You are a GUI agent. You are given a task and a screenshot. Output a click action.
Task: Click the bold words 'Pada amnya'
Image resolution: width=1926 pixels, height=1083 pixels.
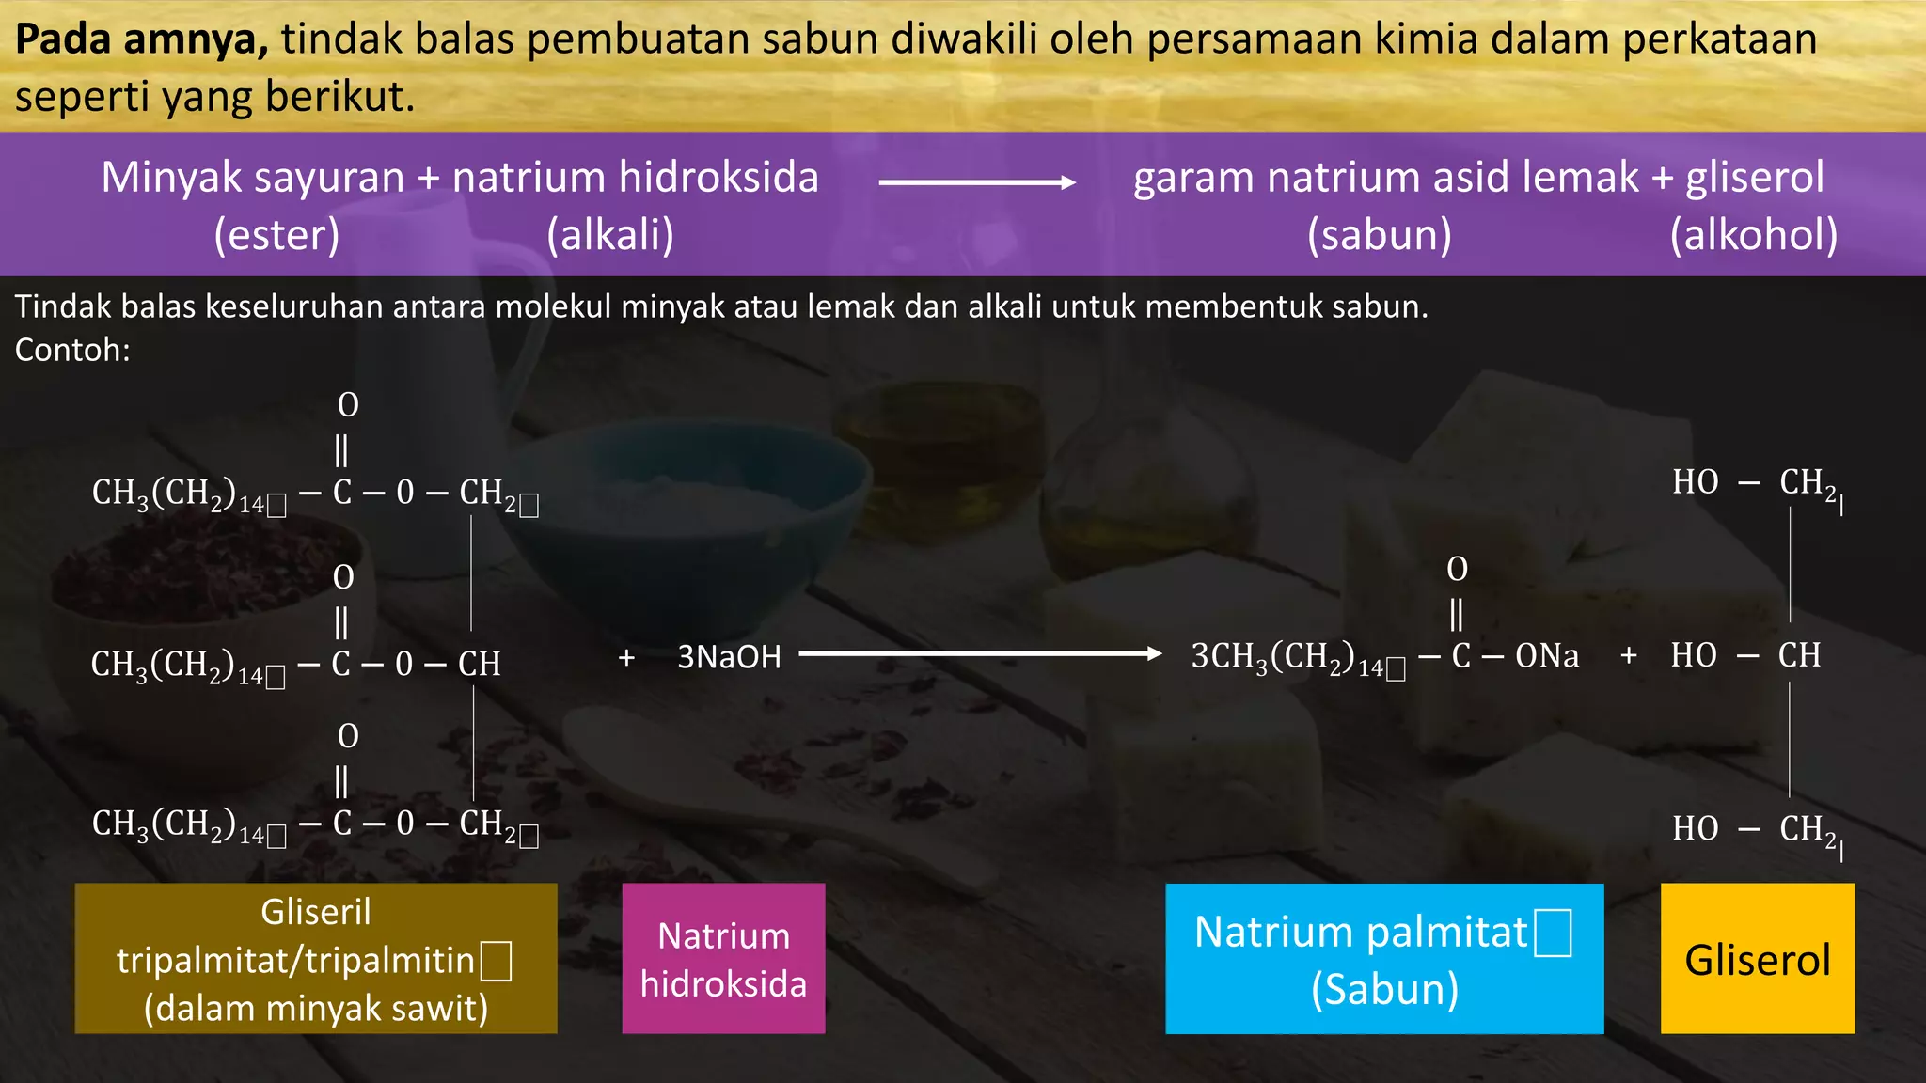[142, 39]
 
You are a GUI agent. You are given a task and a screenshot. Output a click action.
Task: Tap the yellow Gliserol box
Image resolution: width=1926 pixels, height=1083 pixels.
[1757, 959]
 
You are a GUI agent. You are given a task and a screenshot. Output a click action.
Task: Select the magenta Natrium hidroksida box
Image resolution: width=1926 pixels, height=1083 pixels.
[723, 959]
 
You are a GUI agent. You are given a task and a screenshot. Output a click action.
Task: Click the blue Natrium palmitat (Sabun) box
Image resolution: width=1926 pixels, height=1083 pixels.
[1384, 959]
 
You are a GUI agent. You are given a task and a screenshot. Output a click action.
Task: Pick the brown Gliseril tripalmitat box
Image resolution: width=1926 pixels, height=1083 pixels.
[316, 959]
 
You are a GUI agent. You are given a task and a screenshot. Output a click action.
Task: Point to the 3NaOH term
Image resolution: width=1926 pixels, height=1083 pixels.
[729, 656]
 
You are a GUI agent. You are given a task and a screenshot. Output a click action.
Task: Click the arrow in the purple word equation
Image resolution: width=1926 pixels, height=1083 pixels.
[976, 182]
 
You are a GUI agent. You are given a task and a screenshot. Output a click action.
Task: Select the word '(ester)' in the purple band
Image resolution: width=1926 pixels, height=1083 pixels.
[276, 235]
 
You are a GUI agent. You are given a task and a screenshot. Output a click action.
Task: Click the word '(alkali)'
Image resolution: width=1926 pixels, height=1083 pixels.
[610, 235]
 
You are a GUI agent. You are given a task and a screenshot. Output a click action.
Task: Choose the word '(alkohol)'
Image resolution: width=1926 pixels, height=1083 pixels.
[1753, 235]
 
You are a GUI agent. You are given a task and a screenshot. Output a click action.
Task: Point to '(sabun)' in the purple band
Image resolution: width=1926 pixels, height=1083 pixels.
[1380, 235]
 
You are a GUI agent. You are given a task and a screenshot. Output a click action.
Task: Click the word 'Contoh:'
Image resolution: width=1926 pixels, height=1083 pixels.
[72, 350]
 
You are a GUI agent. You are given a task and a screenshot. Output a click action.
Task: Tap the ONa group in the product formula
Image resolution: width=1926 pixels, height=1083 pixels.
[1547, 656]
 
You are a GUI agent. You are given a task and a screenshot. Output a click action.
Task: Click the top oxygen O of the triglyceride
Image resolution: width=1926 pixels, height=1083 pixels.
[348, 405]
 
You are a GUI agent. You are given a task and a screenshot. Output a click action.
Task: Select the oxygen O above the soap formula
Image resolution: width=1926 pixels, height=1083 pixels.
[1457, 569]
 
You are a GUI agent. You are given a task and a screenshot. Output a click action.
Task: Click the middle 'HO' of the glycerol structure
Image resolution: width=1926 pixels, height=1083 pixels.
[1694, 655]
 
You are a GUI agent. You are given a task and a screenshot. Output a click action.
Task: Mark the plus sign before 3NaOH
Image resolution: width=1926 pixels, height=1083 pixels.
[626, 657]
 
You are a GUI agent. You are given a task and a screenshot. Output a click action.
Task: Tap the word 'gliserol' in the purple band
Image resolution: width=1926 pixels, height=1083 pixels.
[1754, 178]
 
